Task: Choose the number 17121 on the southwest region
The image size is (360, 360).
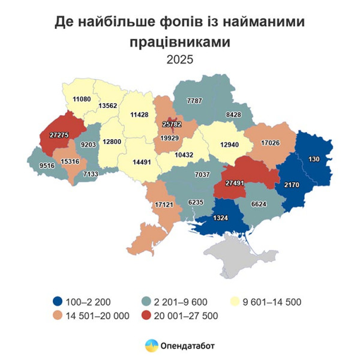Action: [164, 205]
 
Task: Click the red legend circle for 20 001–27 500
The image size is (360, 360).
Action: [147, 315]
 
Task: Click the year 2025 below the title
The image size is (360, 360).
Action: [179, 59]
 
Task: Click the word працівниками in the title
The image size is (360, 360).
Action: [179, 42]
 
